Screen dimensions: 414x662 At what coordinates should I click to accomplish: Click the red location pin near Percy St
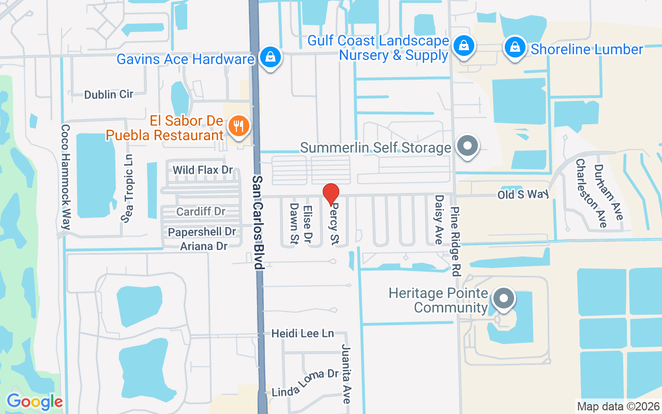pyautogui.click(x=331, y=194)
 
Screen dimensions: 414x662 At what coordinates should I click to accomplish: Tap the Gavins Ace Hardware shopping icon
pyautogui.click(x=270, y=57)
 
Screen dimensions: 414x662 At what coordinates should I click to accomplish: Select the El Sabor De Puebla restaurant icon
pyautogui.click(x=238, y=126)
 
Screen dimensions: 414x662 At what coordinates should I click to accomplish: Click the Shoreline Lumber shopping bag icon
pyautogui.click(x=515, y=48)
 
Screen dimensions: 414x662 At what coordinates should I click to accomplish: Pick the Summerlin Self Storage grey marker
pyautogui.click(x=468, y=146)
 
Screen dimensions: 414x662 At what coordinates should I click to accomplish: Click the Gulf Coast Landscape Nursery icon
pyautogui.click(x=464, y=46)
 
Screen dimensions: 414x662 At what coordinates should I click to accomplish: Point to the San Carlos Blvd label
pyautogui.click(x=258, y=221)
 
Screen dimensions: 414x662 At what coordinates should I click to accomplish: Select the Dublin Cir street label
pyautogui.click(x=109, y=94)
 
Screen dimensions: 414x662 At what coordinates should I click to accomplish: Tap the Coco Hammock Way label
pyautogui.click(x=66, y=176)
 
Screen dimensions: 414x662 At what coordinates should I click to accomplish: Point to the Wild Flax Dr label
pyautogui.click(x=203, y=170)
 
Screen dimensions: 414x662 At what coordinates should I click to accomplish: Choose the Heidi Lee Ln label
pyautogui.click(x=303, y=334)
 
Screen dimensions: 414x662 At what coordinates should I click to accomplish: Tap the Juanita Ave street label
pyautogui.click(x=346, y=374)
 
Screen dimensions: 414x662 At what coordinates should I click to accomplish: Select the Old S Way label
pyautogui.click(x=522, y=195)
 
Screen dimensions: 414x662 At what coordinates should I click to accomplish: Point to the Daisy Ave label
pyautogui.click(x=439, y=219)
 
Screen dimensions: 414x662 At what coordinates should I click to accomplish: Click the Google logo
pyautogui.click(x=35, y=402)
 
